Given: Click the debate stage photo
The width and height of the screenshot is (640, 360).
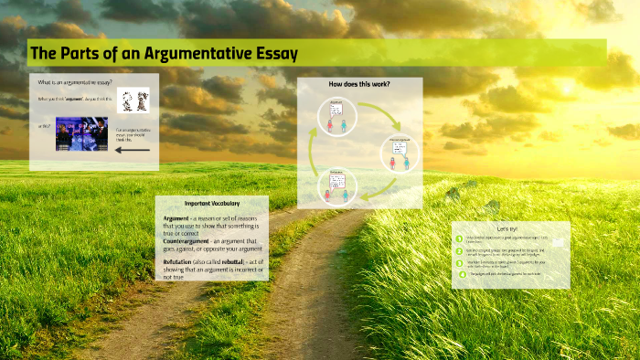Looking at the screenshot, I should click(81, 133).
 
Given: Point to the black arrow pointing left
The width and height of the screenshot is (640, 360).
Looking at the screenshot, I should click(132, 150).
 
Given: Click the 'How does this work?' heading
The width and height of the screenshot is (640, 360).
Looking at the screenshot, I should click(359, 84).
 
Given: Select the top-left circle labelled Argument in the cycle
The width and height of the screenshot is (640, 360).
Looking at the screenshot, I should click(336, 116).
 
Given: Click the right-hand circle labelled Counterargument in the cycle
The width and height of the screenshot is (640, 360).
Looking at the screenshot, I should click(400, 154).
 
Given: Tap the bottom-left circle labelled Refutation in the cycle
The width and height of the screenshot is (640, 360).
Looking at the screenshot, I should click(336, 185).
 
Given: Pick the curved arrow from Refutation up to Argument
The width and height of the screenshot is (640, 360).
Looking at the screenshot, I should click(315, 151).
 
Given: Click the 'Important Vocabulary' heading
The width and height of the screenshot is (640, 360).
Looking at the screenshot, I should click(211, 203).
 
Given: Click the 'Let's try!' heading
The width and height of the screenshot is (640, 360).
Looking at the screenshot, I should click(509, 228).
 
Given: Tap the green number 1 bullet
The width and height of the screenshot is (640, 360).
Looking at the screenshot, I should click(460, 239).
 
